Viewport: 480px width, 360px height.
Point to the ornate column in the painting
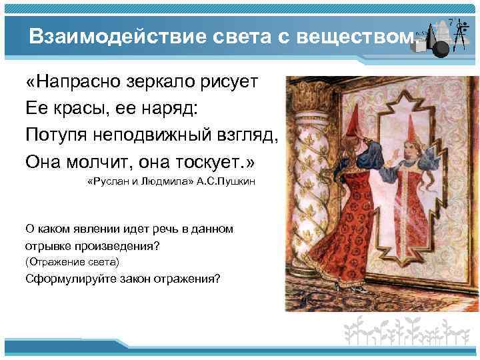coord(305,167)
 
